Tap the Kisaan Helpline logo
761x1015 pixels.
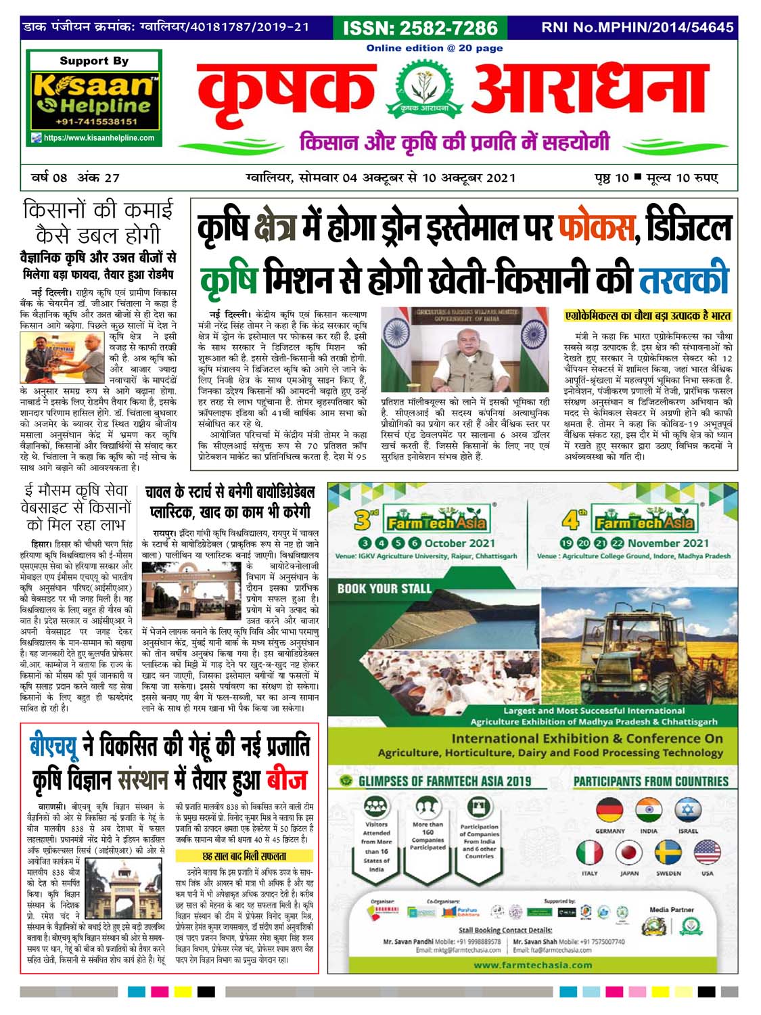click(93, 95)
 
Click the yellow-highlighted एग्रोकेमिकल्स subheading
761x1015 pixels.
click(648, 316)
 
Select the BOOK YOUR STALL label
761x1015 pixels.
click(384, 588)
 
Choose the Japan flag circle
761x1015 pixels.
click(629, 853)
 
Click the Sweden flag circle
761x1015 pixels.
click(668, 853)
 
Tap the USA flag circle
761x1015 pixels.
click(707, 853)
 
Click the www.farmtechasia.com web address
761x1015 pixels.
click(533, 965)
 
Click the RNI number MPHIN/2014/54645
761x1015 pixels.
click(637, 28)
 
